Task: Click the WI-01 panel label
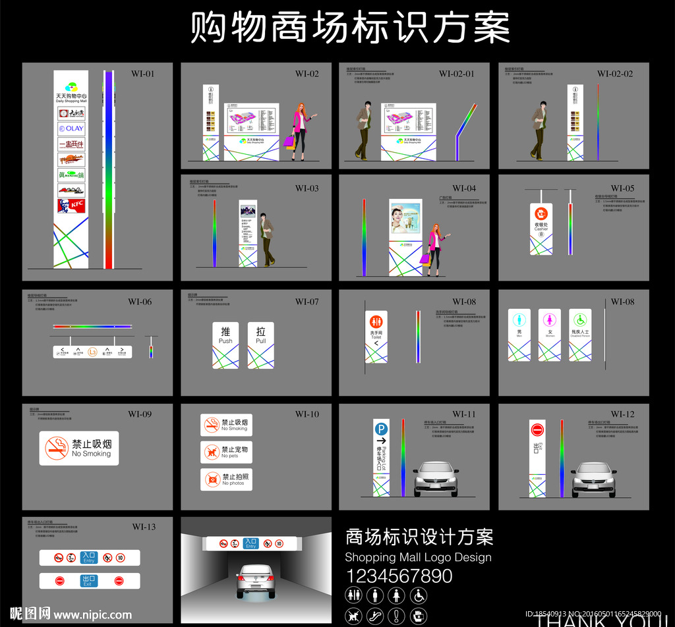point(142,74)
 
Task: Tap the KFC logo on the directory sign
point(71,206)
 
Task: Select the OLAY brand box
point(71,128)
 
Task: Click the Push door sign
point(225,344)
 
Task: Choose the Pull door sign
point(260,344)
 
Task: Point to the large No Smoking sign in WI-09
point(79,449)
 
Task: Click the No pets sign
point(226,452)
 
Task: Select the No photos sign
point(226,479)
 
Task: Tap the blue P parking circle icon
point(381,428)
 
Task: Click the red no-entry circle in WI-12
point(537,429)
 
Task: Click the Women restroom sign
point(550,335)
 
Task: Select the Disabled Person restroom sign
point(580,335)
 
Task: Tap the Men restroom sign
point(519,335)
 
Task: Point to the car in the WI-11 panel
point(436,479)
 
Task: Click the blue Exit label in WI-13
point(88,581)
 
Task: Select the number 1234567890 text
point(399,576)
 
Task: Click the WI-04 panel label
point(464,188)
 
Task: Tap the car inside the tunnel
point(256,580)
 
